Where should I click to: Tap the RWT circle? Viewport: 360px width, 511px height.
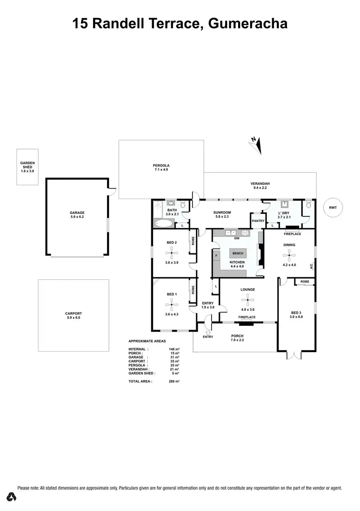333,207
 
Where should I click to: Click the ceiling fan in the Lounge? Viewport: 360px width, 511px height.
248,300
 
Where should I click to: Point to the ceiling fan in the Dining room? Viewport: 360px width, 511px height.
289,255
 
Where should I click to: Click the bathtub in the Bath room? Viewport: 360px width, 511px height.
165,224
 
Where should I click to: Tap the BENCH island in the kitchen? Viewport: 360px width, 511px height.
238,253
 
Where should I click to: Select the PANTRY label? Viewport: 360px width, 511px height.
258,221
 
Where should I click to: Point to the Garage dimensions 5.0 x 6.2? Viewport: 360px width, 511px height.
77,217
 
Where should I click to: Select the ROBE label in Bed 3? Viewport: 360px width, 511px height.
304,281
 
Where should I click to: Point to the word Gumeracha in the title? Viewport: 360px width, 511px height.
248,23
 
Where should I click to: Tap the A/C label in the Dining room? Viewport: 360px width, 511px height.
311,265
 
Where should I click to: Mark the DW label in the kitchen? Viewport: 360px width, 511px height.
237,238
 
